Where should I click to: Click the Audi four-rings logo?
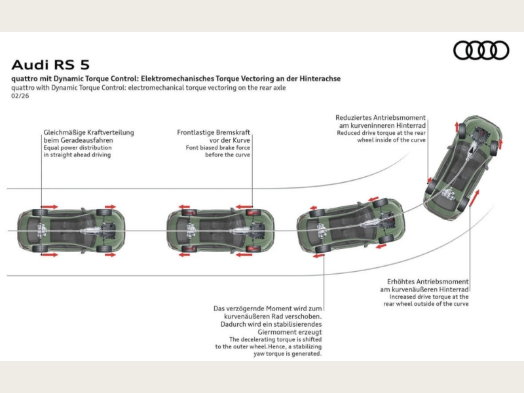[481, 50]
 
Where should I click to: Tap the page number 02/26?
[20, 96]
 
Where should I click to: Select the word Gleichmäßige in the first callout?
[63, 132]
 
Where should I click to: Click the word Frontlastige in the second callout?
[195, 132]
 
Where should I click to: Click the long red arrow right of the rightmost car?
[477, 197]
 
